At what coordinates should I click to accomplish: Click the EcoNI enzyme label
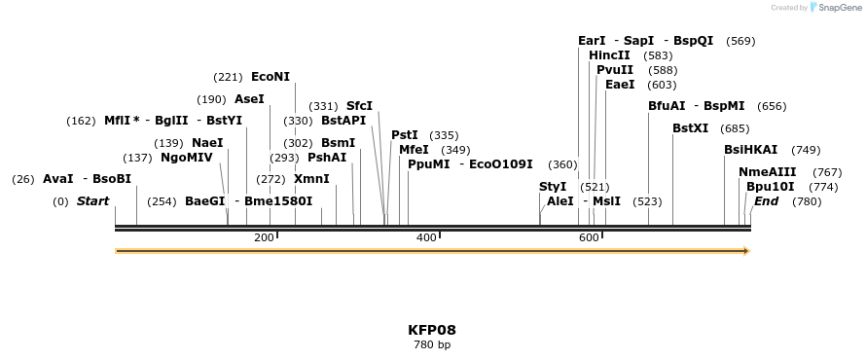[271, 77]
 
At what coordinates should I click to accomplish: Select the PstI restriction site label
[405, 135]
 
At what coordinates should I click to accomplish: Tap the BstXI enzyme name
[691, 128]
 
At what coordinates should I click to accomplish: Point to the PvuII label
[615, 70]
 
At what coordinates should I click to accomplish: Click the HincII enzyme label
[609, 55]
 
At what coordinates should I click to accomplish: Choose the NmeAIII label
[768, 172]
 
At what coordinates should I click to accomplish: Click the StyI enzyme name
[553, 187]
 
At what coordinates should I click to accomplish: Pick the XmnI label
[311, 179]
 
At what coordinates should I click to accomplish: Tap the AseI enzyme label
[249, 99]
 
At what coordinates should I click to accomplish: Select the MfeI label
[414, 150]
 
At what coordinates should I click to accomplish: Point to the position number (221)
[228, 77]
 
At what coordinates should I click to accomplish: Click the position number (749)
[807, 150]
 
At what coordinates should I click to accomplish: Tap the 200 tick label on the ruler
[264, 238]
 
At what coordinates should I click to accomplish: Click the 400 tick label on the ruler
[426, 238]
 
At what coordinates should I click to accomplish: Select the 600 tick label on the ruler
[588, 238]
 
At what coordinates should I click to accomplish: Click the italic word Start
[92, 201]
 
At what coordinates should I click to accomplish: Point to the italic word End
[766, 201]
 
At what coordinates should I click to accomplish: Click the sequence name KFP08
[432, 330]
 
